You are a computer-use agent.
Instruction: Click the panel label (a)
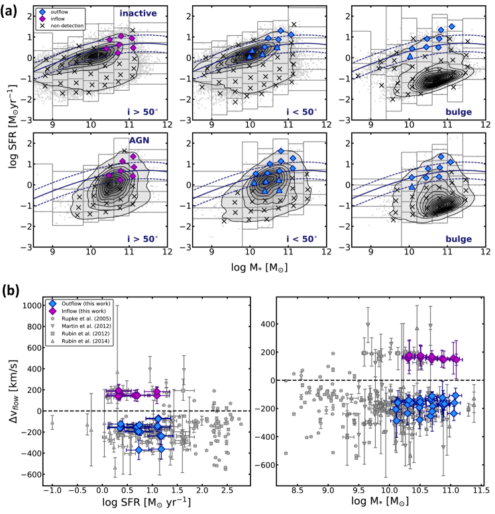pyautogui.click(x=11, y=11)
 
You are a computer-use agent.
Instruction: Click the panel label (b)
pyautogui.click(x=11, y=290)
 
